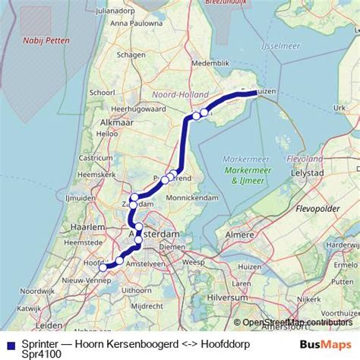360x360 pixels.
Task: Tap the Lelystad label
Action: click(x=308, y=173)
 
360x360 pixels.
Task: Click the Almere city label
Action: click(x=240, y=235)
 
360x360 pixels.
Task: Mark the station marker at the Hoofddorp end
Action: click(x=103, y=267)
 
